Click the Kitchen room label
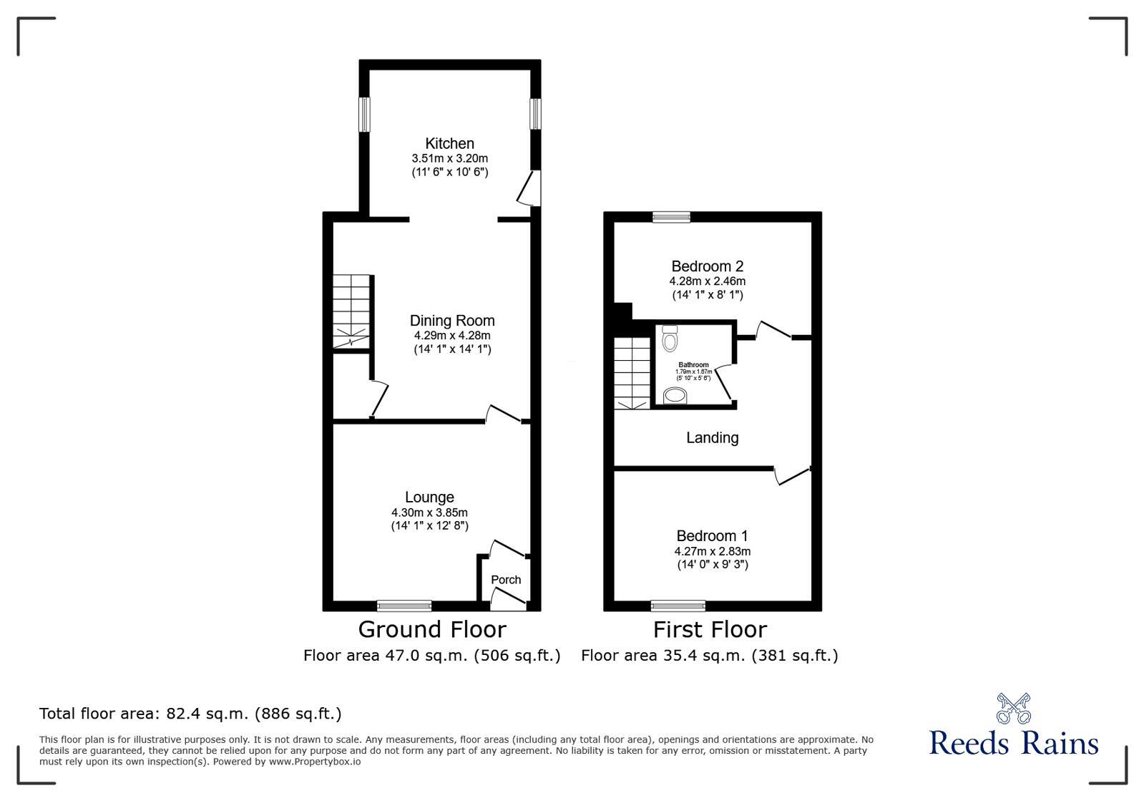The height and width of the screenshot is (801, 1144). [449, 143]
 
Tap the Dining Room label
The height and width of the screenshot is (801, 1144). [451, 321]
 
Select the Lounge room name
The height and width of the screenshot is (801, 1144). [429, 497]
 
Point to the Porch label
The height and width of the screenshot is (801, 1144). [506, 580]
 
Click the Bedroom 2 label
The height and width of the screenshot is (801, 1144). [707, 266]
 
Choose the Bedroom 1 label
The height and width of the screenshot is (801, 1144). [712, 535]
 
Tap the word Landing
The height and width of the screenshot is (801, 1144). [712, 437]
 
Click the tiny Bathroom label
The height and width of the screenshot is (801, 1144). [693, 365]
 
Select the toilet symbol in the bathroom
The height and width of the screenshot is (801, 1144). [670, 339]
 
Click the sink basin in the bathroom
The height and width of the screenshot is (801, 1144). [673, 395]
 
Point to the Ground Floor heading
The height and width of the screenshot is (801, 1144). [431, 629]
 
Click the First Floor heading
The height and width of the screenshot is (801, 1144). [710, 629]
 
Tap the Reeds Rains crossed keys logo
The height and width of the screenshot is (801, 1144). [1013, 708]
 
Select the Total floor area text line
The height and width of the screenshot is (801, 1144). [190, 714]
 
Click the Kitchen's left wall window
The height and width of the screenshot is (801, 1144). [364, 114]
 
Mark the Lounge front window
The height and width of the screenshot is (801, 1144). [404, 606]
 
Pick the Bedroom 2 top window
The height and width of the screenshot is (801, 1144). [671, 217]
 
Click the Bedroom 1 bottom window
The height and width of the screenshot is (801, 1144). [678, 606]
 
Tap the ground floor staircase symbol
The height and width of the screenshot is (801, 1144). [351, 311]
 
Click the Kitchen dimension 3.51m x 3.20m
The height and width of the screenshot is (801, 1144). [449, 158]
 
